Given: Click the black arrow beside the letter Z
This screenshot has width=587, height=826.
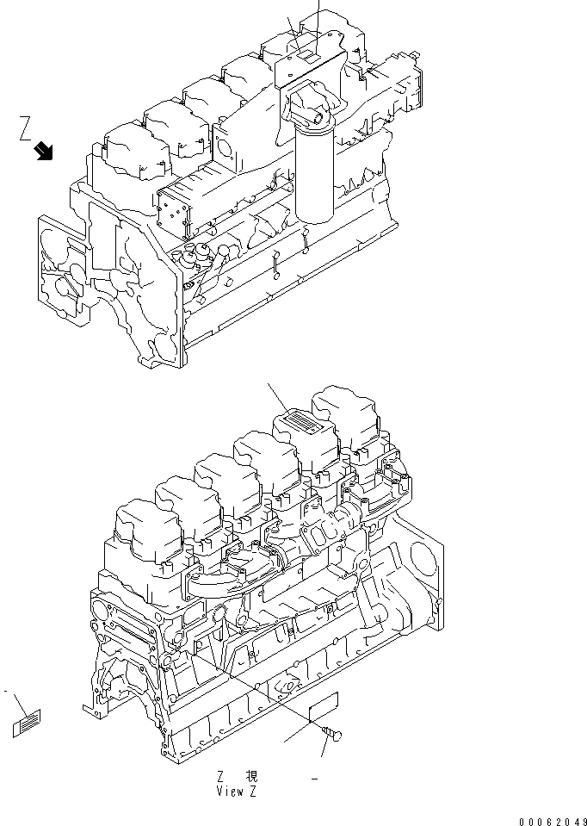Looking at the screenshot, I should click(x=42, y=152).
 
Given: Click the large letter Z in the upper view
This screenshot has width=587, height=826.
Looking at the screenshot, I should click(x=27, y=130).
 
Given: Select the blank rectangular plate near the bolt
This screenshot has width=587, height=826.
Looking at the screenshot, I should click(x=324, y=708).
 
